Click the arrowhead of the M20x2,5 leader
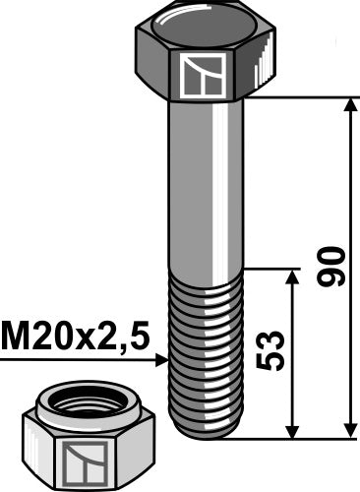click(163, 361)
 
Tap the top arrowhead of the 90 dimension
click(349, 106)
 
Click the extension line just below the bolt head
click(295, 98)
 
